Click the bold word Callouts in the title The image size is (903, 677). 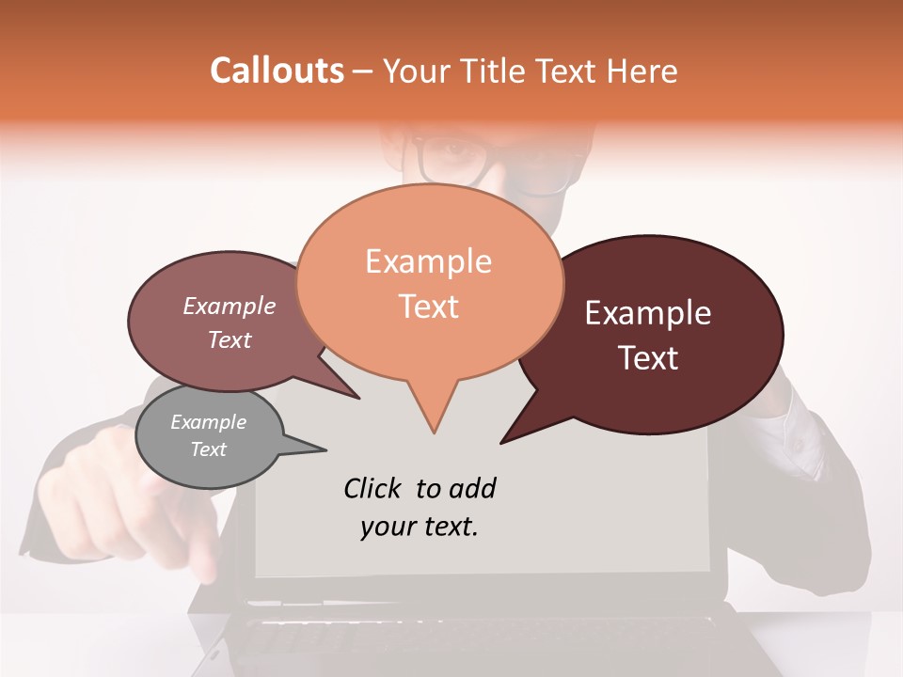click(277, 71)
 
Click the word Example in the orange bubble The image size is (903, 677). click(428, 261)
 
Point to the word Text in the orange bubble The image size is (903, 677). click(428, 307)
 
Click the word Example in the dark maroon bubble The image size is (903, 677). click(648, 313)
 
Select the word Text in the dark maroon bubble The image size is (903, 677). click(649, 358)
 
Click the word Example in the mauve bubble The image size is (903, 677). click(229, 306)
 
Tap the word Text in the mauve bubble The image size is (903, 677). click(229, 339)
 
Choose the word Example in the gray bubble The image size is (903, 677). click(208, 422)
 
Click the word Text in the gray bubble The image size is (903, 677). click(208, 449)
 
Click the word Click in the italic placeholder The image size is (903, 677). click(375, 488)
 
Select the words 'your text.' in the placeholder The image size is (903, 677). click(420, 527)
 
